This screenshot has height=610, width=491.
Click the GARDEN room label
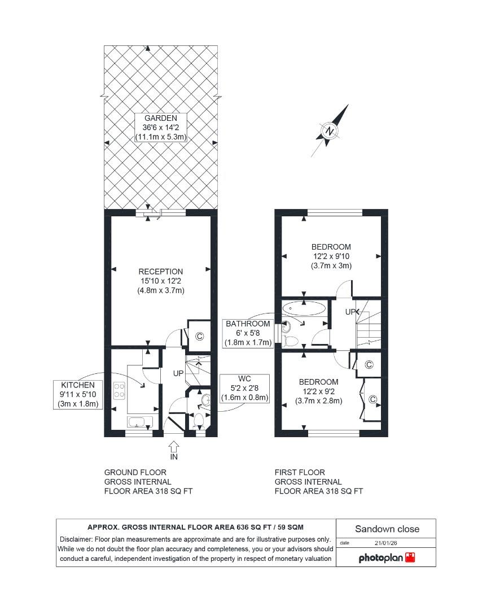coord(160,128)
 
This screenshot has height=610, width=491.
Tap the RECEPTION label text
coord(161,281)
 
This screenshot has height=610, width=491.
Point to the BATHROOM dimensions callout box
coord(248,333)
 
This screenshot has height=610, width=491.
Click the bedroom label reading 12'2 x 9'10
coord(331,256)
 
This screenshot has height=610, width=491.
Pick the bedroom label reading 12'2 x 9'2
coord(319,391)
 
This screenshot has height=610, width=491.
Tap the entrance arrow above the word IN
coord(174,445)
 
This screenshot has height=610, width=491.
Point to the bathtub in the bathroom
coord(304,308)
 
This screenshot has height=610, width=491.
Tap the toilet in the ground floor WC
coord(198,420)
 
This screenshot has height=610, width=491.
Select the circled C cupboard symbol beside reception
coord(199,336)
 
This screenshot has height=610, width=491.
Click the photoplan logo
coord(387,557)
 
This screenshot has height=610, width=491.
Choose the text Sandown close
coord(387,529)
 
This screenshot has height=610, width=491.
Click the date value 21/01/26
coord(386,543)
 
